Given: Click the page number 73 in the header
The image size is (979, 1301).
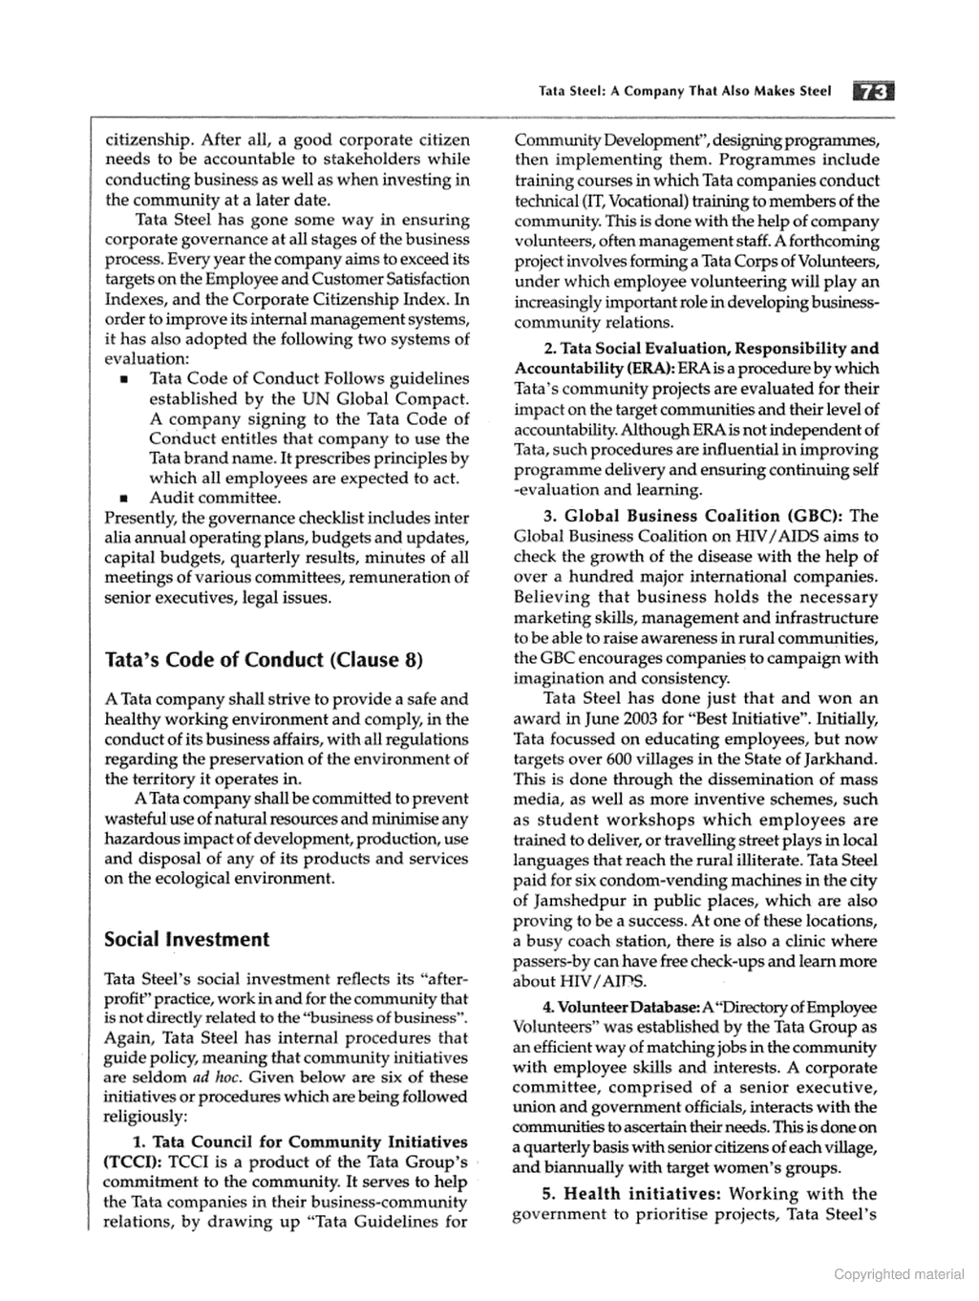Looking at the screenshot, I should click(x=873, y=92).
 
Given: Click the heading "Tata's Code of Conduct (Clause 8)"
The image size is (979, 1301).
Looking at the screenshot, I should click(x=263, y=660).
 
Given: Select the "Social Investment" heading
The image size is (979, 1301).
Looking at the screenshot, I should click(x=187, y=939).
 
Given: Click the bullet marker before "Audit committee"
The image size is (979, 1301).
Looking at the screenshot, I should click(x=124, y=499).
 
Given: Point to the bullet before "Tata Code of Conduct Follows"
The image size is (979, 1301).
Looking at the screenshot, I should click(x=124, y=379).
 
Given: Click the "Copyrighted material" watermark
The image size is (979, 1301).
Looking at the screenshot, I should click(x=899, y=1274).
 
